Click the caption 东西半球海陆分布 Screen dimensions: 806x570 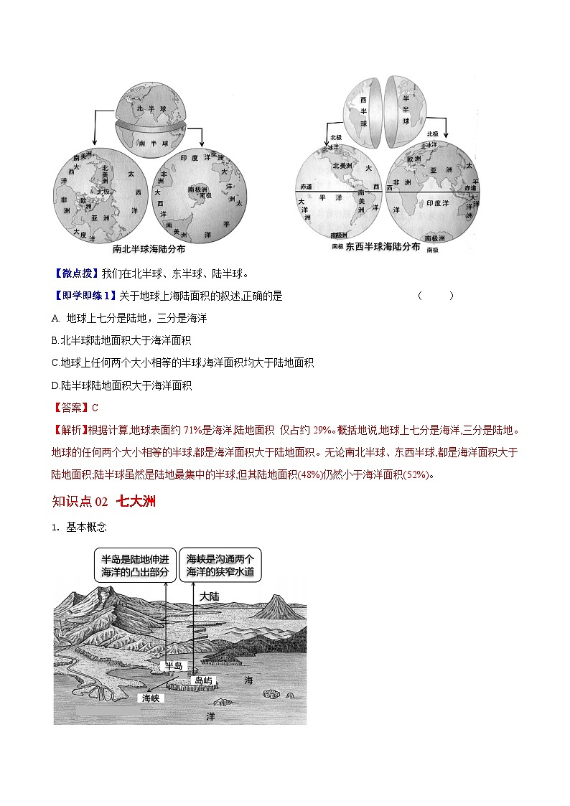[x=383, y=246]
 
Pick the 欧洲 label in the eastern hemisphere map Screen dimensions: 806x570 [x=414, y=159]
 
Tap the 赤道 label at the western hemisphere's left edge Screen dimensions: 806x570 [x=307, y=187]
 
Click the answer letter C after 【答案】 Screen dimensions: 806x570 [x=95, y=408]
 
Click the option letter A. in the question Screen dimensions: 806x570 [x=56, y=318]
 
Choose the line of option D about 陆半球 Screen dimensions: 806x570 [x=122, y=385]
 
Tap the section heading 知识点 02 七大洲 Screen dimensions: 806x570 [x=104, y=501]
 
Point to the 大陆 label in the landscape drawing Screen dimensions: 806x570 [x=210, y=596]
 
